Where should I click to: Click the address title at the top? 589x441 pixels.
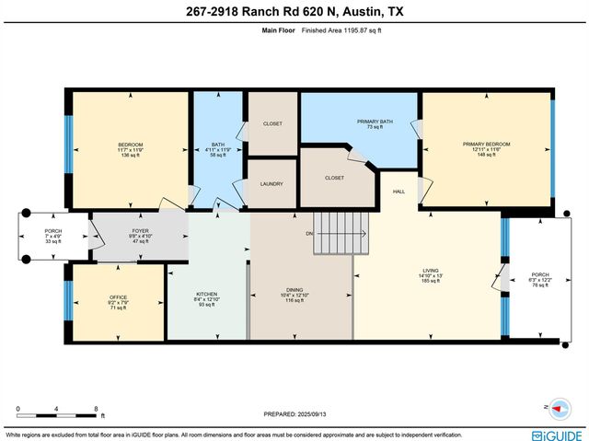point(294,12)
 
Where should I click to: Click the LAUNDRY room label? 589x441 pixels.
point(271,183)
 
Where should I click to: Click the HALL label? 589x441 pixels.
point(398,191)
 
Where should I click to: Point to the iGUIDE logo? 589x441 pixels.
point(556,435)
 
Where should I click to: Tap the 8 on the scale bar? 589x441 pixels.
point(96,408)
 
